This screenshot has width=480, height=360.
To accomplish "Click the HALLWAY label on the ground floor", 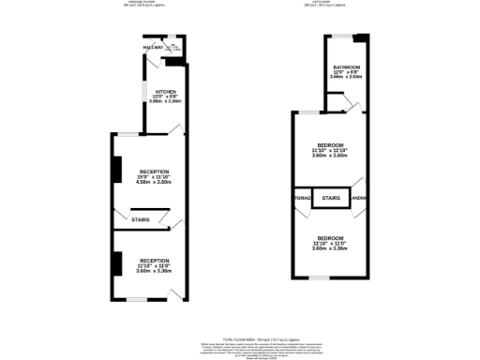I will (x=153, y=47).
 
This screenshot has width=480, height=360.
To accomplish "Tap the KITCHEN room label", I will (x=153, y=91).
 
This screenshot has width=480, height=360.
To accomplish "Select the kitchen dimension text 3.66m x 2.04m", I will (x=153, y=101).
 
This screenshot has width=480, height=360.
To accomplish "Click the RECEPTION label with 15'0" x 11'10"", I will (x=155, y=172).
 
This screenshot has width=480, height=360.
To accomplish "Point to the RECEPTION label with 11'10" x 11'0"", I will (x=155, y=260).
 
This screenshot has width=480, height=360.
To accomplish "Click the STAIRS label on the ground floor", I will (x=141, y=220).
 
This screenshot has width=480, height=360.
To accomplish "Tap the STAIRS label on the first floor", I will (x=330, y=199).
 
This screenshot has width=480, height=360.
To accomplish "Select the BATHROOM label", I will (x=346, y=67).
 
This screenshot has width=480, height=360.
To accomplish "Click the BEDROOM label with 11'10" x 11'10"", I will (x=329, y=144).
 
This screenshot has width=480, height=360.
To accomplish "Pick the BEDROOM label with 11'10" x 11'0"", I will (x=329, y=238).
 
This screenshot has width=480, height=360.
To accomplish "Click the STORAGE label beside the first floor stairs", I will (x=302, y=199).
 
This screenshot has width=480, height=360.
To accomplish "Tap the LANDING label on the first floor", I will (x=357, y=199).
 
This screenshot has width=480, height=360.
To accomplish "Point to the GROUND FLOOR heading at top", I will (x=142, y=3).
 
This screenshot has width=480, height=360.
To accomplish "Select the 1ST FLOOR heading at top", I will (x=329, y=3).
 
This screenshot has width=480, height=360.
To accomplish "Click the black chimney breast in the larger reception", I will (x=116, y=170).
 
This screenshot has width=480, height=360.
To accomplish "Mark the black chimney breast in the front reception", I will (x=116, y=263).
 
